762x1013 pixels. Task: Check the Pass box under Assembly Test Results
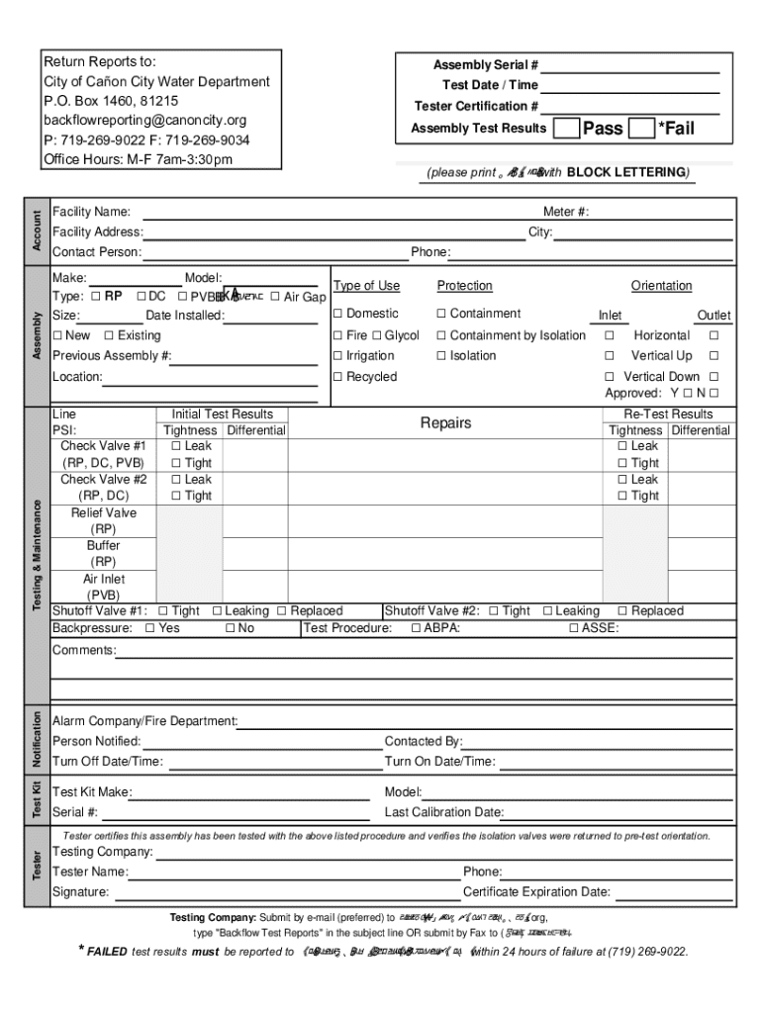[x=567, y=128]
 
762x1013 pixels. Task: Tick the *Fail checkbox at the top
[x=642, y=128]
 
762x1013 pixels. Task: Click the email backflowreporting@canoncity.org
[x=144, y=120]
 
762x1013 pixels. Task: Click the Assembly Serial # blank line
[x=629, y=66]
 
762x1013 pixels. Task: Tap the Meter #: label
[x=566, y=212]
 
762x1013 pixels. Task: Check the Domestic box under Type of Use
[x=337, y=314]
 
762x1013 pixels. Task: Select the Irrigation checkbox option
[x=337, y=356]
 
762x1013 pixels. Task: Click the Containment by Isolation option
[x=441, y=335]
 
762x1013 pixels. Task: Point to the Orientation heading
[x=661, y=286]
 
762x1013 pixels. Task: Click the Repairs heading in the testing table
[x=445, y=423]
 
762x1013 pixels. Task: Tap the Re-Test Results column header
[x=668, y=414]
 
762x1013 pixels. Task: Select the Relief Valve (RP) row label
[x=104, y=521]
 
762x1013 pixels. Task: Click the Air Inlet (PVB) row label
[x=104, y=588]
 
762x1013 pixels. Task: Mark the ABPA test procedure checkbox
[x=417, y=628]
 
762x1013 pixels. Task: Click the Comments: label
[x=83, y=650]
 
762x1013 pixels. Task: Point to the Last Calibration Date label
[x=443, y=812]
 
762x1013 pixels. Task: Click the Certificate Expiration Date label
[x=536, y=891]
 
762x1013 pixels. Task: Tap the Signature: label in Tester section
[x=80, y=891]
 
